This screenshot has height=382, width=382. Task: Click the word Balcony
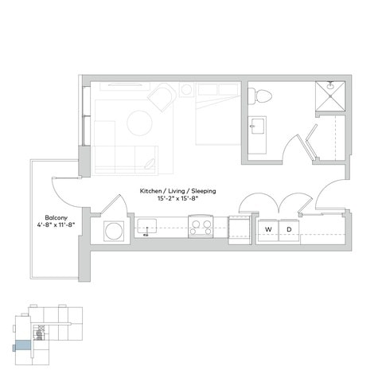pos(55,216)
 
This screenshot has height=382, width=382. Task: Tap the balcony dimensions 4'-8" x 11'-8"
pos(55,224)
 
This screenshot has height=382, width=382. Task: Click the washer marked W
pos(267,230)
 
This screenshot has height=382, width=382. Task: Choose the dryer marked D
pos(289,230)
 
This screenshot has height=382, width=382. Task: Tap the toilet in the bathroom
pos(260,96)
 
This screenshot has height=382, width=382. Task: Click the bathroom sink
pos(258,127)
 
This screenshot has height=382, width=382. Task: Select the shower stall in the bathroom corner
pos(329,99)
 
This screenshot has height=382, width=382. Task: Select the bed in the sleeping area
pos(217,115)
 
